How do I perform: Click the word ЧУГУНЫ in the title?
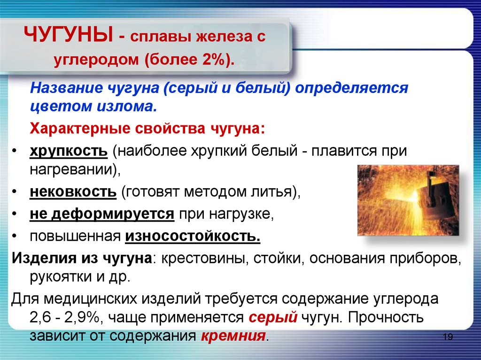click(x=69, y=35)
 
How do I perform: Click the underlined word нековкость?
click(x=73, y=192)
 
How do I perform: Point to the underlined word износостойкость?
click(x=193, y=236)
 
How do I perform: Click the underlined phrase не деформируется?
click(x=102, y=214)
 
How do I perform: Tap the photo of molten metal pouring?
click(x=408, y=200)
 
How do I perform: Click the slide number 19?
click(x=448, y=337)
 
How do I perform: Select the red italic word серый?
click(x=273, y=317)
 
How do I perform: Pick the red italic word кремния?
click(x=233, y=336)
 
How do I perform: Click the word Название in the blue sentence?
click(x=66, y=88)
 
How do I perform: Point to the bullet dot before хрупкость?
click(x=14, y=152)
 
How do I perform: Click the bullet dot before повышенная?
click(x=14, y=237)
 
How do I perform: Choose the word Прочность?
click(x=386, y=317)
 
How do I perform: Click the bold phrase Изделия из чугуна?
click(x=82, y=258)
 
